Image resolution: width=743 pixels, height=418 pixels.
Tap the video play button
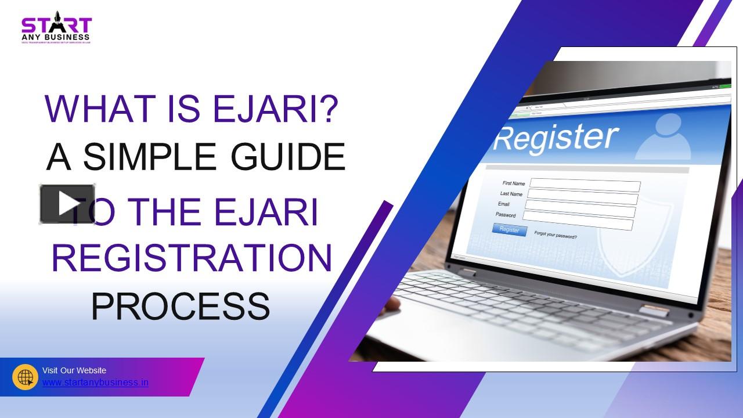point(67,204)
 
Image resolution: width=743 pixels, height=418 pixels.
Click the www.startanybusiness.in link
point(95,383)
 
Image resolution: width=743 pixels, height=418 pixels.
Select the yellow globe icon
point(25,377)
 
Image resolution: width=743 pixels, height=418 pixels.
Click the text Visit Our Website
point(74,370)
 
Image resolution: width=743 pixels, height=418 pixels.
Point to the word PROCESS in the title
point(180,306)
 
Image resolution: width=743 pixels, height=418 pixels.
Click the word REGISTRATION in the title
point(192,258)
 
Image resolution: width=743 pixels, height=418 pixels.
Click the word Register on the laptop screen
point(556,138)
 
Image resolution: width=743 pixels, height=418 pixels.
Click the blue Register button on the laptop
point(509,230)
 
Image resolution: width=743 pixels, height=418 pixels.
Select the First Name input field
point(585,186)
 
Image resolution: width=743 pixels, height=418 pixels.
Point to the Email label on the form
point(504,204)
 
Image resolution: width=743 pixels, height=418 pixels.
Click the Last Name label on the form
point(511,194)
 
